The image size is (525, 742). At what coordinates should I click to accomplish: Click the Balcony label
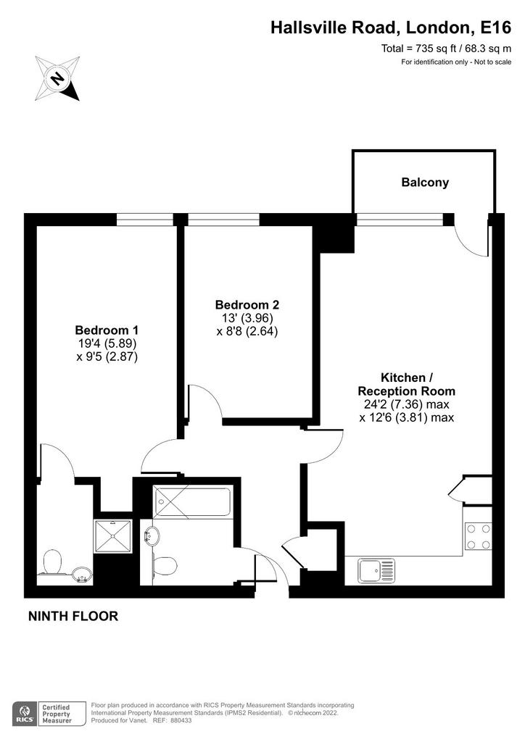(425, 183)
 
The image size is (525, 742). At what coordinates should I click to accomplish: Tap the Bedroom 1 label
(107, 330)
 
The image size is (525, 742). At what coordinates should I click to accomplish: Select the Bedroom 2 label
(247, 305)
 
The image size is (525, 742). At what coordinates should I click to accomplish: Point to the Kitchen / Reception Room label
(406, 384)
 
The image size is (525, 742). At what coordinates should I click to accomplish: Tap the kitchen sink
(376, 570)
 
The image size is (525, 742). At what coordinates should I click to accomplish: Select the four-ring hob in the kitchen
(478, 537)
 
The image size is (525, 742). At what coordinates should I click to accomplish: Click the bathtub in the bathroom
(192, 502)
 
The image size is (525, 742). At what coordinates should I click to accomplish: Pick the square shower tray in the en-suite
(112, 536)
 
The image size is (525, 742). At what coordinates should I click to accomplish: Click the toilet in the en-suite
(51, 562)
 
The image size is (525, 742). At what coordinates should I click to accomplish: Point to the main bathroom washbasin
(152, 537)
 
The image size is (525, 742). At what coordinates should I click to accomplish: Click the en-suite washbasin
(83, 575)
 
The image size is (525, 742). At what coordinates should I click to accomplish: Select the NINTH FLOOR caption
(73, 616)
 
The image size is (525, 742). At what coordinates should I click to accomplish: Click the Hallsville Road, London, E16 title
(391, 28)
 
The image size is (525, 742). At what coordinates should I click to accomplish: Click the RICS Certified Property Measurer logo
(49, 714)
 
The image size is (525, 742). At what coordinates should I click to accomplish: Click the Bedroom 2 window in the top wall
(223, 219)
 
